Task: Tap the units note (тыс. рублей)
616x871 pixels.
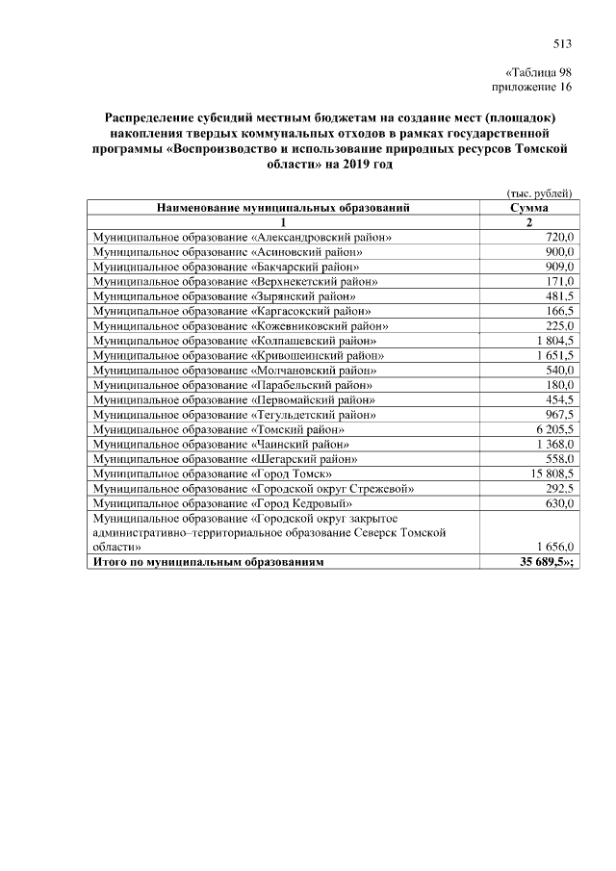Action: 540,192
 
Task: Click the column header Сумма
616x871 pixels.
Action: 530,207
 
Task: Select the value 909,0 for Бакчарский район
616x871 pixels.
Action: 559,267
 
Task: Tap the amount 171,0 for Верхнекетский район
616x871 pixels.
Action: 559,281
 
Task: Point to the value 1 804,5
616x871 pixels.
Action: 552,341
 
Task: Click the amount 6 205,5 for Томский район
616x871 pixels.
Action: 552,429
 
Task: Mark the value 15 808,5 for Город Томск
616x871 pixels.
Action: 550,474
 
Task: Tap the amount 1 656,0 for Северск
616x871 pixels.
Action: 552,546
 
